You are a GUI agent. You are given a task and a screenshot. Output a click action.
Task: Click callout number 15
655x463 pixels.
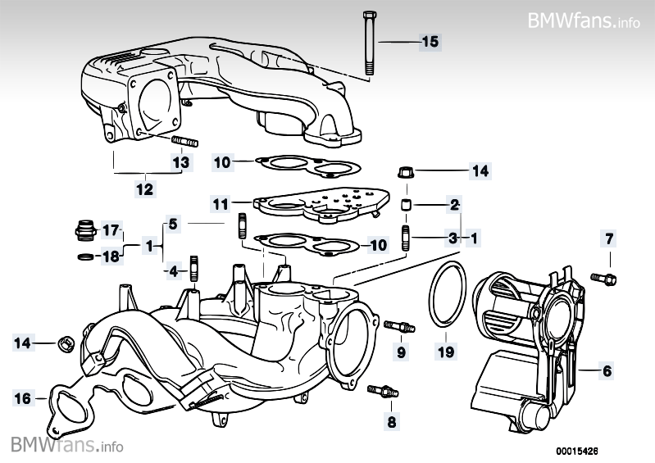pos(430,41)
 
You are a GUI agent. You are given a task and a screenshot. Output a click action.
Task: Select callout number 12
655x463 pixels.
pos(144,190)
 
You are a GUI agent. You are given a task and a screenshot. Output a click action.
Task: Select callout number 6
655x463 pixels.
pos(607,371)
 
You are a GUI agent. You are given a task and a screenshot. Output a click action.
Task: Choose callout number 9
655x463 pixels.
pos(402,352)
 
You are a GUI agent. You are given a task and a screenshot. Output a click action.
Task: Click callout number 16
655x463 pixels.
pos(24,398)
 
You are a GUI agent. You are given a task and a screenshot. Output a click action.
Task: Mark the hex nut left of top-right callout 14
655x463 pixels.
pos(405,172)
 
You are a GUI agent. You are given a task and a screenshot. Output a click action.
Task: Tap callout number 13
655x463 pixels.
pos(180,162)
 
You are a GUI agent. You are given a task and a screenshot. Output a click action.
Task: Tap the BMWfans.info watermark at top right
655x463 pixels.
pos(583,20)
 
